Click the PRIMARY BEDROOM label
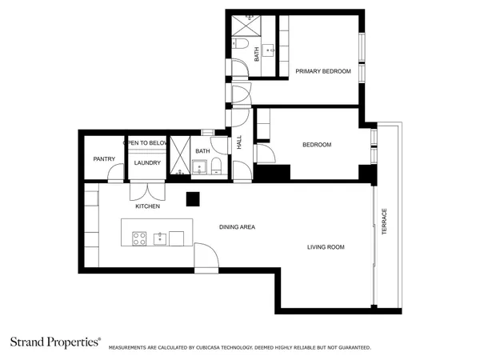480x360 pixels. pyautogui.click(x=323, y=71)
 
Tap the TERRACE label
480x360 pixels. pyautogui.click(x=384, y=222)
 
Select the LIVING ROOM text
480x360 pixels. pyautogui.click(x=326, y=247)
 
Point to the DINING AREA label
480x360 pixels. pyautogui.click(x=237, y=227)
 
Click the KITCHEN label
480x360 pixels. pyautogui.click(x=147, y=206)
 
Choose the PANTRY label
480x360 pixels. pyautogui.click(x=104, y=158)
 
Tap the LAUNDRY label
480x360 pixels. pyautogui.click(x=147, y=163)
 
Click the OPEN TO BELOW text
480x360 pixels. pyautogui.click(x=146, y=142)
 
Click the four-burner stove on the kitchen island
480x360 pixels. pyautogui.click(x=138, y=238)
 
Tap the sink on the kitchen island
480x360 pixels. pyautogui.click(x=159, y=238)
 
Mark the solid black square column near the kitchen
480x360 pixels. pyautogui.click(x=192, y=198)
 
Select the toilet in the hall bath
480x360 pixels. pyautogui.click(x=215, y=166)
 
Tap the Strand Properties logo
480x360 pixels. pyautogui.click(x=55, y=342)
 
